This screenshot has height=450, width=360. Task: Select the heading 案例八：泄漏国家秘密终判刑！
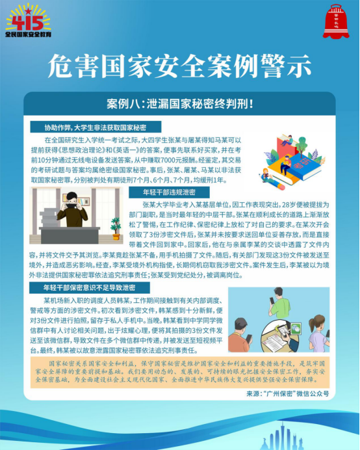(x=180, y=103)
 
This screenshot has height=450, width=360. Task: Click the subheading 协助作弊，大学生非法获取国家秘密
(x=95, y=127)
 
